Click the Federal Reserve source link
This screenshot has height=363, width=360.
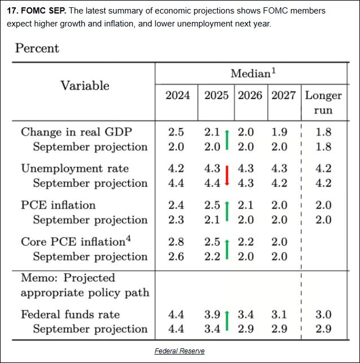click(179, 351)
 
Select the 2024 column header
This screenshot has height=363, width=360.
click(177, 95)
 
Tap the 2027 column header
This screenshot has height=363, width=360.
click(283, 95)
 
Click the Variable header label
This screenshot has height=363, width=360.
click(85, 86)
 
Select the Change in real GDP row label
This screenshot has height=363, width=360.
click(76, 132)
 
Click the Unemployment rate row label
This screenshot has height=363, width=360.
click(74, 168)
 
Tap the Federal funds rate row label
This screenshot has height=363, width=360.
click(70, 315)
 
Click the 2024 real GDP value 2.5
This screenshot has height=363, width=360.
click(177, 132)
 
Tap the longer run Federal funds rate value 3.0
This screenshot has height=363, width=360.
click(323, 315)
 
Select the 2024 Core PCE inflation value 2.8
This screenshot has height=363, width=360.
click(177, 241)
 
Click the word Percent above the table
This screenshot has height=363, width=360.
click(37, 48)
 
